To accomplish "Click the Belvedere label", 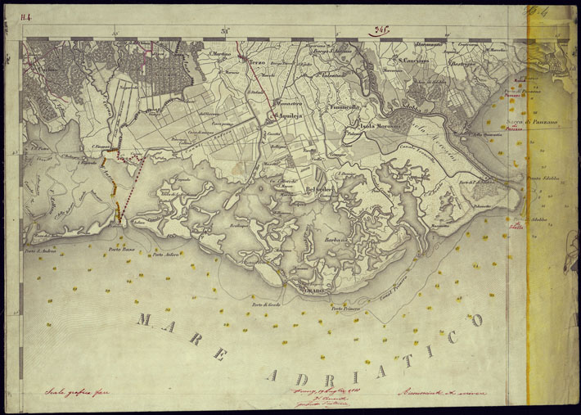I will click(321, 191).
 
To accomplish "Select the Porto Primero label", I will click(346, 309).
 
